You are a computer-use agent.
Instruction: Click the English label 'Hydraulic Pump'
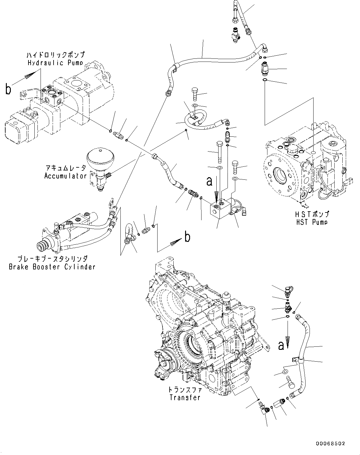pos(55,63)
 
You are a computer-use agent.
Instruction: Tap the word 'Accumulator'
pos(65,176)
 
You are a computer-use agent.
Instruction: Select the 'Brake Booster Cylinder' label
pos(52,267)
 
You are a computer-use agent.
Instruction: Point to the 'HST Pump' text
pos(311,222)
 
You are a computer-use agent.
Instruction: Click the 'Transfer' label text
pos(185,397)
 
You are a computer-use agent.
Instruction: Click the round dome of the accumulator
pos(99,158)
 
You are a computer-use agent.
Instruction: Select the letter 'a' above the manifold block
pos(210,181)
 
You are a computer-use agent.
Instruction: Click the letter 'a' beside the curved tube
pos(281,346)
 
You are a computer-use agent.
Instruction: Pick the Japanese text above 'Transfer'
pos(185,390)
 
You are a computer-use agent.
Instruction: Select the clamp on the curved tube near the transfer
pos(296,359)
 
